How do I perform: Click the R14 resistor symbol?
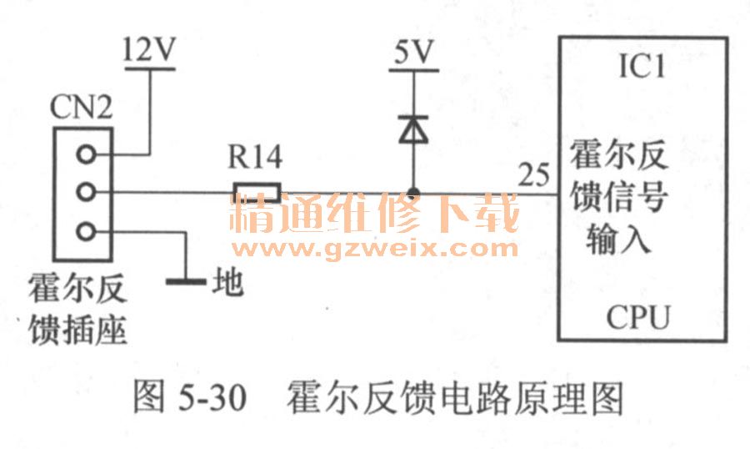(257, 194)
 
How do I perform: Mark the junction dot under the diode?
(412, 194)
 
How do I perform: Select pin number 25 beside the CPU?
(533, 175)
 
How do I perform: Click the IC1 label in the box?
(641, 67)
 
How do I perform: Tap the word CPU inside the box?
(639, 317)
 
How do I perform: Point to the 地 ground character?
(227, 282)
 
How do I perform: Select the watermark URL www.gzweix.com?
(376, 248)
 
